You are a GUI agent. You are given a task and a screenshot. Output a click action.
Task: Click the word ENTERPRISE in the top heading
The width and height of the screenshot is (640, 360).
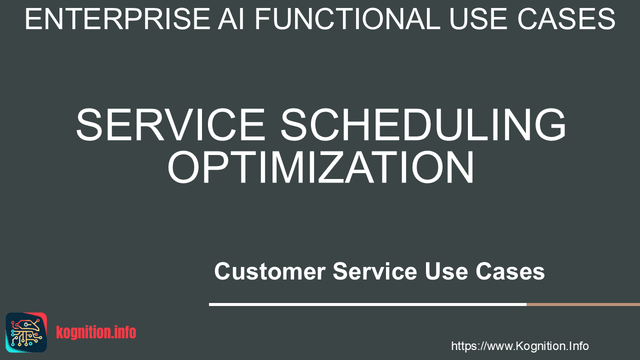117,19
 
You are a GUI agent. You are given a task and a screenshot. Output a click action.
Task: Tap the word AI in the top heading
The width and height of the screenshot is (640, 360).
231,19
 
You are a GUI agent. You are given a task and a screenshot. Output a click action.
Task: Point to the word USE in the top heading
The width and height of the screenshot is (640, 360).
479,19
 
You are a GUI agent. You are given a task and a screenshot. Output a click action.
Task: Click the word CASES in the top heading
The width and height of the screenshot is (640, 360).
566,19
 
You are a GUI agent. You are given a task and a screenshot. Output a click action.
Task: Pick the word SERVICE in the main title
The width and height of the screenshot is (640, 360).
170,124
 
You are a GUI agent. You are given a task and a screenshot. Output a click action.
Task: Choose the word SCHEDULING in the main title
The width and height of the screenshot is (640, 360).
423,124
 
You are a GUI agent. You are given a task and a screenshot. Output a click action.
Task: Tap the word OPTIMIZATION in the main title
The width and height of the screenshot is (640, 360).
320,167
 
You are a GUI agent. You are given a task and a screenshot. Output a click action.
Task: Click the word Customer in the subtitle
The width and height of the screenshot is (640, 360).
270,271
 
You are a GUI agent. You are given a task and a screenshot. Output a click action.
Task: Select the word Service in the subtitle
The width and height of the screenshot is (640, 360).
375,271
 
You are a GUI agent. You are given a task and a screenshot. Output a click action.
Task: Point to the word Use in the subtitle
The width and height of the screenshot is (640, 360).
446,271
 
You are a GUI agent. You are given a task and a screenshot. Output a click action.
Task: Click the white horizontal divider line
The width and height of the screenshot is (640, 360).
367,304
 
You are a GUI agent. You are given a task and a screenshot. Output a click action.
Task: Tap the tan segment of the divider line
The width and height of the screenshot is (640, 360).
583,304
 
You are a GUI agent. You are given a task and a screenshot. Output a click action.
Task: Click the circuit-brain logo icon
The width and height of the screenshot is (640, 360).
26,332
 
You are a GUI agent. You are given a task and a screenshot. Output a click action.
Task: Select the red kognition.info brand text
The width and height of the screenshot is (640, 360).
96,332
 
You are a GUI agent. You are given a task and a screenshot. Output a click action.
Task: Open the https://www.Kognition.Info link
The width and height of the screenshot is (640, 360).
519,346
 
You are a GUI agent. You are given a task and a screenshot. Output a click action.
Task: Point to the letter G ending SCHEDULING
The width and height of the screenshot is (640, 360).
550,124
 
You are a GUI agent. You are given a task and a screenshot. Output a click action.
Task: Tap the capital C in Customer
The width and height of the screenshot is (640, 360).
223,271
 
